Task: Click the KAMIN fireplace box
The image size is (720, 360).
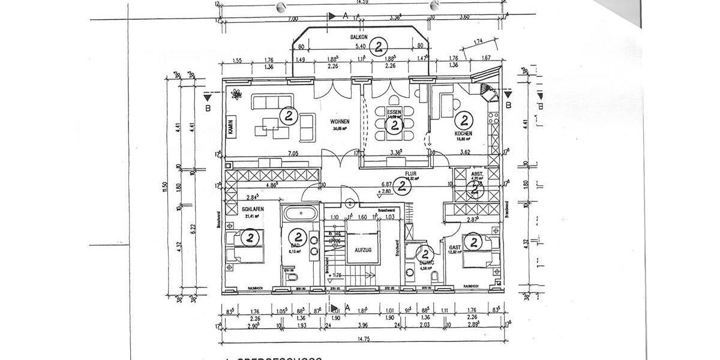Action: (x=230, y=127)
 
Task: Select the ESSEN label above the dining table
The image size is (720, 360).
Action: (x=394, y=113)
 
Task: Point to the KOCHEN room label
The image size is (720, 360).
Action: (x=463, y=133)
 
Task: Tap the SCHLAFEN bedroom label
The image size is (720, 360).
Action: (x=253, y=209)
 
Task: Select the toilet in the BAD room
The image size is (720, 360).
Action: (x=290, y=278)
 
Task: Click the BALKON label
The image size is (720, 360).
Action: (x=359, y=37)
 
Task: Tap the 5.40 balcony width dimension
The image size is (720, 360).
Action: (x=361, y=46)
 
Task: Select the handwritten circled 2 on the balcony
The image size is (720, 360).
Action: (x=378, y=46)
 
